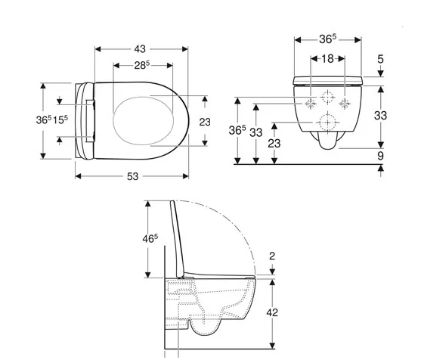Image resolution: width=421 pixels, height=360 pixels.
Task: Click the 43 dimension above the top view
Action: click(140, 49)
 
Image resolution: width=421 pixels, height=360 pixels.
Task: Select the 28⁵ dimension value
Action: click(142, 65)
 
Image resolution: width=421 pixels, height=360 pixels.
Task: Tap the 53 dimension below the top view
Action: click(132, 176)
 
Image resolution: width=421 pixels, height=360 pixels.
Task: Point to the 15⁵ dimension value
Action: click(60, 119)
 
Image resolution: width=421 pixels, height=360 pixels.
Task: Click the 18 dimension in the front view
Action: click(327, 58)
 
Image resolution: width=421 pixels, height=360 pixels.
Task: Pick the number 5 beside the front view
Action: click(381, 59)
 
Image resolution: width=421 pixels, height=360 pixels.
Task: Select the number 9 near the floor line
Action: click(380, 156)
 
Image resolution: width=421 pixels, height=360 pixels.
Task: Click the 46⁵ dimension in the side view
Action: click(150, 238)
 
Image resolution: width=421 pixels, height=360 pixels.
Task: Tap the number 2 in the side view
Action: click(272, 256)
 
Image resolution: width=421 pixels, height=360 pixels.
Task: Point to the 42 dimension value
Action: click(272, 312)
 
